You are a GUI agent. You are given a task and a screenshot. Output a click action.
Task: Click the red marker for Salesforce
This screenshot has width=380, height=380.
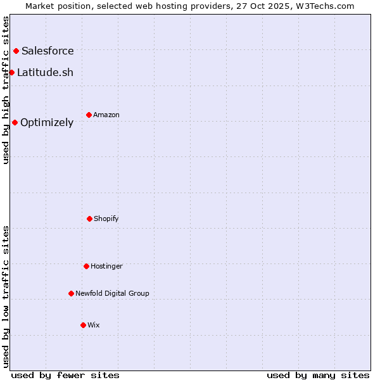[x=16, y=51]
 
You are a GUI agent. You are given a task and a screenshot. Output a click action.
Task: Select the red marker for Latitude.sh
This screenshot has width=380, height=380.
[x=11, y=72]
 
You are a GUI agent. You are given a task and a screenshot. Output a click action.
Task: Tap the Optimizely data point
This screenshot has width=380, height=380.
[x=15, y=122]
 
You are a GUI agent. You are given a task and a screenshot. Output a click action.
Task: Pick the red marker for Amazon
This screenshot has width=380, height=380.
[x=89, y=115]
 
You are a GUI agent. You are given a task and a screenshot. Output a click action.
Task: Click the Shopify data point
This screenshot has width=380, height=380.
[x=89, y=218]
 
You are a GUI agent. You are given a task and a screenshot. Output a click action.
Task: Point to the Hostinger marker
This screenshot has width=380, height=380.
[x=86, y=266]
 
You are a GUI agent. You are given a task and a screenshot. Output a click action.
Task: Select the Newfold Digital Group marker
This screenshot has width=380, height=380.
[x=71, y=293]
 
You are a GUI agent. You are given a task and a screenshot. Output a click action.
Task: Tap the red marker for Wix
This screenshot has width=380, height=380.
[x=83, y=325]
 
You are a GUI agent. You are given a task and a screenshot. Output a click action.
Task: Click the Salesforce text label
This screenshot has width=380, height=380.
[x=47, y=51]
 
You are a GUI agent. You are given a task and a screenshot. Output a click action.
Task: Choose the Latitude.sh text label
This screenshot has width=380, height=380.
[x=45, y=72]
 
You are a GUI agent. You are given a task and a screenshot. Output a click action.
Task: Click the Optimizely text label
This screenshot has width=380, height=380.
[x=47, y=122]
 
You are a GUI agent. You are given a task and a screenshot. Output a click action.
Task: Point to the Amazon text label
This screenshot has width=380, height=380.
[x=106, y=115]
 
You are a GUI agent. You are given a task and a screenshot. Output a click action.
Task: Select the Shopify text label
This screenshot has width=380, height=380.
[x=106, y=218]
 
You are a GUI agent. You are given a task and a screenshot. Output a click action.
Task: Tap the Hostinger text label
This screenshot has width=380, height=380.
[x=106, y=266]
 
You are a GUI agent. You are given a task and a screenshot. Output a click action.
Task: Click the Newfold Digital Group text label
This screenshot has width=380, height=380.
[x=112, y=293]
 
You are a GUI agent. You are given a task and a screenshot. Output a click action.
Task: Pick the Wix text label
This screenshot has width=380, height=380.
[x=94, y=325]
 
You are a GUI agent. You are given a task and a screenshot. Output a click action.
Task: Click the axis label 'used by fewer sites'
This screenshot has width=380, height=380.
[x=65, y=375]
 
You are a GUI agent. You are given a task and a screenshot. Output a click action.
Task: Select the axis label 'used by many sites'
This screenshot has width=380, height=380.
[x=318, y=375]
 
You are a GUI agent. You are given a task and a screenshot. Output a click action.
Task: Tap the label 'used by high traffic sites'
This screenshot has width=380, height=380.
[x=6, y=90]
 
